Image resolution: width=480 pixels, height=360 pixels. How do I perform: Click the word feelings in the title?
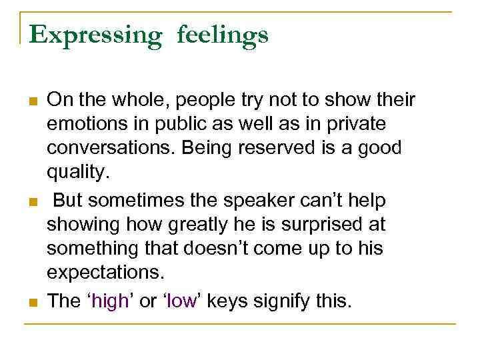tap(223, 35)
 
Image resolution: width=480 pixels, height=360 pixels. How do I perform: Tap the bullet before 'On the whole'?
tap(31, 102)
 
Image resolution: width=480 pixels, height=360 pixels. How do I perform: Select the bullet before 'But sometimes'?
tap(31, 202)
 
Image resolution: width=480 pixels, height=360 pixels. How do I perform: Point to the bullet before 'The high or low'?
tap(31, 302)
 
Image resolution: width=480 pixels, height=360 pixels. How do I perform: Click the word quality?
tap(74, 173)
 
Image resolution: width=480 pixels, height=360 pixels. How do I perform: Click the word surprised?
tap(311, 224)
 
